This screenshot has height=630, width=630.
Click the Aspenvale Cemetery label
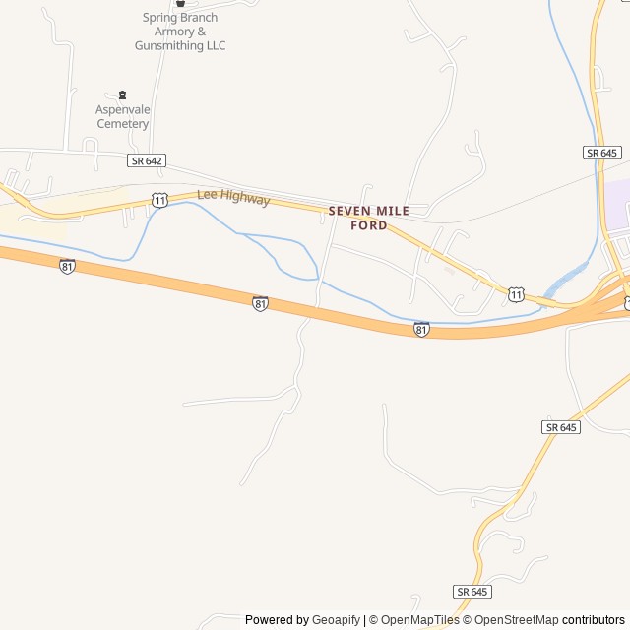122,116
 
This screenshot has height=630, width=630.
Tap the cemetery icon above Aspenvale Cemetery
122,95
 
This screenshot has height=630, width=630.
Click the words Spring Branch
180,18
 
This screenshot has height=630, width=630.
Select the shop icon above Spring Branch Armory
180,3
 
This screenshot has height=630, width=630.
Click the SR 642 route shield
146,159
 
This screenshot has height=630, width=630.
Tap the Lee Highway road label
233,198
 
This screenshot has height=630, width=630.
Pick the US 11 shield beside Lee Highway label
160,200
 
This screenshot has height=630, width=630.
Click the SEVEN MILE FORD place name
368,218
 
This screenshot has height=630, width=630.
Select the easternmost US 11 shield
517,293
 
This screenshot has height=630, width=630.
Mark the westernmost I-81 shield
67,266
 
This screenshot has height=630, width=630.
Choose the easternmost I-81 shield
421,329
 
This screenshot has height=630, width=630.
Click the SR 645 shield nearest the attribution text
473,591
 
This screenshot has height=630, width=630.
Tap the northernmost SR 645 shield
601,153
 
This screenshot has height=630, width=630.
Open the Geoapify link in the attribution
336,620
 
